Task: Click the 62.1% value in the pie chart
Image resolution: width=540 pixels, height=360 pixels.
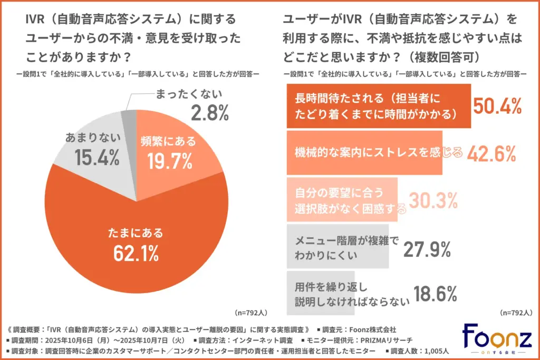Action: [x=136, y=254]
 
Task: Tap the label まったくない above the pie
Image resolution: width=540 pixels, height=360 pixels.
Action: [x=189, y=94]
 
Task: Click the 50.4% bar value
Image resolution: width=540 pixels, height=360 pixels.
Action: [x=497, y=106]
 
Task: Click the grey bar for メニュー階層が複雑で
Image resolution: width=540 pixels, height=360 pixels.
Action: [x=337, y=247]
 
